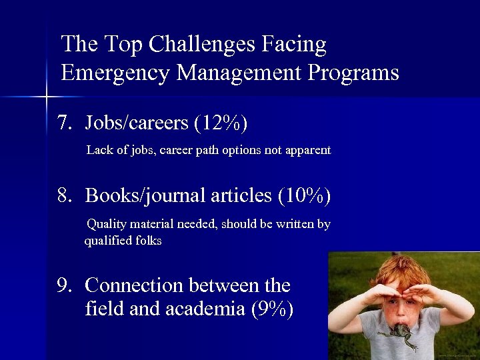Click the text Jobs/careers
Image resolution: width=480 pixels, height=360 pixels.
point(137,123)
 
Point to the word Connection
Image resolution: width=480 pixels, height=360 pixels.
point(134,285)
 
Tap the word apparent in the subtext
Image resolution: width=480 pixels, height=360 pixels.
point(309,150)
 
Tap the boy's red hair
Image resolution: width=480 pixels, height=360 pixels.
point(401,269)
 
